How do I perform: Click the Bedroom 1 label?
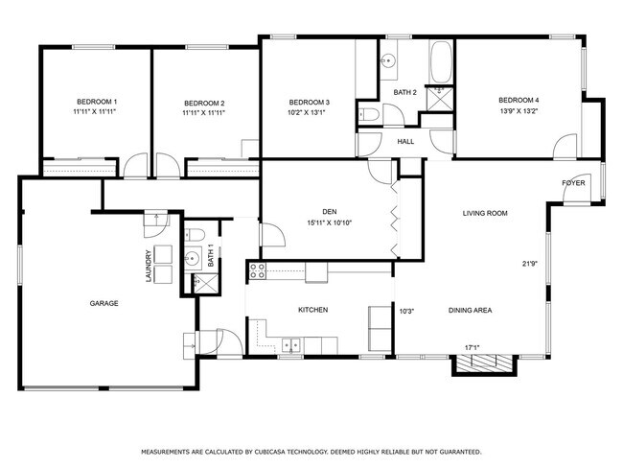(96, 103)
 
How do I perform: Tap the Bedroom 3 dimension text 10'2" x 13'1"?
(309, 111)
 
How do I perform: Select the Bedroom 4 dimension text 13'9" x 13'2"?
(519, 110)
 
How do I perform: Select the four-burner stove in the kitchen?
(257, 271)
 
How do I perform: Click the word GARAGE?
(104, 303)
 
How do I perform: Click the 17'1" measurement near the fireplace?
(473, 347)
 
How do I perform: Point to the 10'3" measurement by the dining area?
(405, 310)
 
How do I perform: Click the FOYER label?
(573, 181)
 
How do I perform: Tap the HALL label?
(405, 142)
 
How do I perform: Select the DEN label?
(329, 213)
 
